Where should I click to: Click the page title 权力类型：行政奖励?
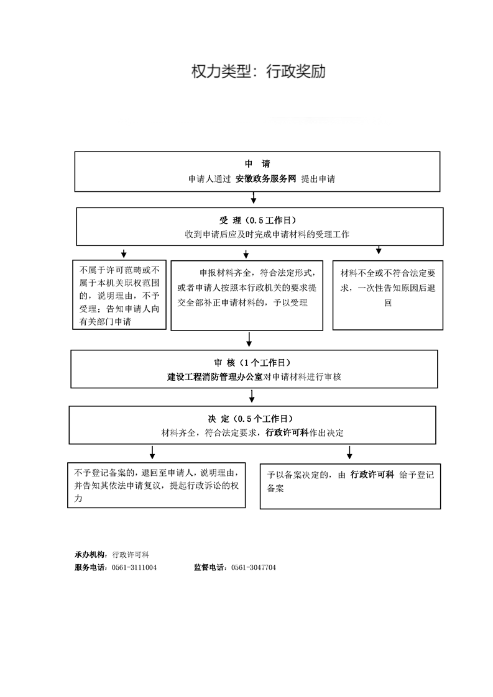[x=259, y=71]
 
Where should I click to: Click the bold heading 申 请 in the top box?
[x=257, y=163]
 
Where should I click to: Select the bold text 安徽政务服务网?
[x=265, y=179]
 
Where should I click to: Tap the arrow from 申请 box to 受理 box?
[x=254, y=198]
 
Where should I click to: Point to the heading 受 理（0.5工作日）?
[x=257, y=220]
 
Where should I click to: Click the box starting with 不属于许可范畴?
[x=119, y=294]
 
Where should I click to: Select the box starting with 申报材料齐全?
[x=247, y=296]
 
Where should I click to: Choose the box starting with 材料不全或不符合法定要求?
[x=387, y=295]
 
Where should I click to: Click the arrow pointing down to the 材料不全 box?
[x=379, y=250]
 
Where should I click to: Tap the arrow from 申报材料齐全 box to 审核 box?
[x=249, y=339]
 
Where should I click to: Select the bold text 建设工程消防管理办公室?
[x=215, y=377]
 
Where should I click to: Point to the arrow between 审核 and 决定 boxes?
[x=252, y=396]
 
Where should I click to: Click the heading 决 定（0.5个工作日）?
[x=251, y=419]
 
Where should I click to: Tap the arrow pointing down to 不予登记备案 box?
[x=152, y=452]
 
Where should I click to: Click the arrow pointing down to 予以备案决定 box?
[x=349, y=452]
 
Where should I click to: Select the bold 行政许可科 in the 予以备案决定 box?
[x=372, y=475]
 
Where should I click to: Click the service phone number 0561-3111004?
[x=134, y=568]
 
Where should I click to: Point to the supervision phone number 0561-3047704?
[x=254, y=568]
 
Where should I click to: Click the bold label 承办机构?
[x=90, y=555]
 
